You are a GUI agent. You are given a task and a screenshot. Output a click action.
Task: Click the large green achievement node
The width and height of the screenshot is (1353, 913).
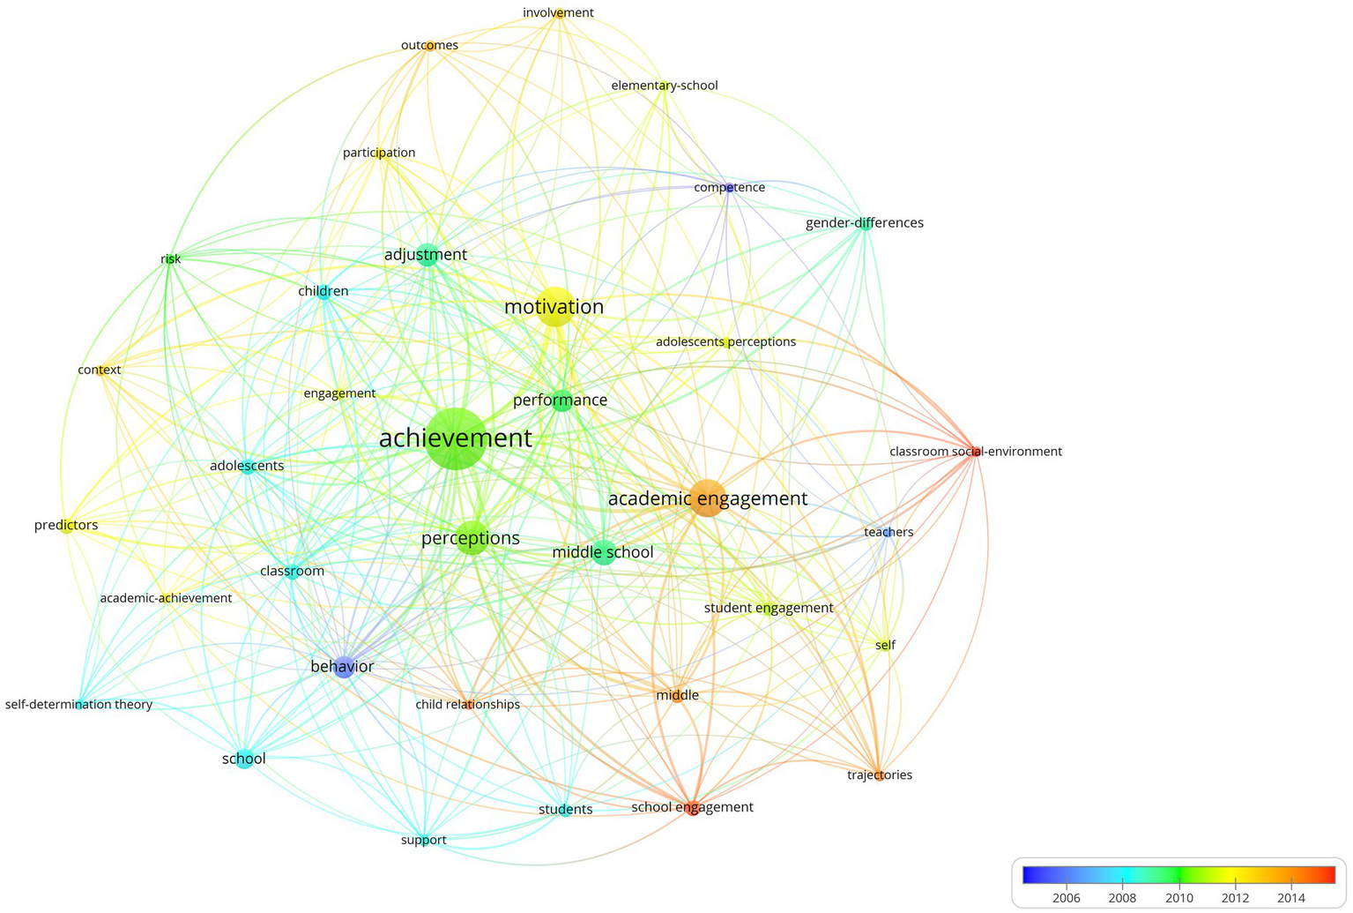tap(455, 438)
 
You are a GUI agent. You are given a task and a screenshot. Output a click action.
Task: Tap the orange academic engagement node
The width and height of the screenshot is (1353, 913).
tap(707, 498)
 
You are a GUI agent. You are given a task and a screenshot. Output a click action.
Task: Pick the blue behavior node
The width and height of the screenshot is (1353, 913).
tap(344, 667)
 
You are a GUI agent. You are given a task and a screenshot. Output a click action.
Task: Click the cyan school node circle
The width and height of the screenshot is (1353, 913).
tap(245, 759)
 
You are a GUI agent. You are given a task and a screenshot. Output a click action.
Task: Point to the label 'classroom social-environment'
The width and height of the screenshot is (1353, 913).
tap(975, 452)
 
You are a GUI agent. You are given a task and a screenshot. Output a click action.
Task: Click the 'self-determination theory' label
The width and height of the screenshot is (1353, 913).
tap(78, 705)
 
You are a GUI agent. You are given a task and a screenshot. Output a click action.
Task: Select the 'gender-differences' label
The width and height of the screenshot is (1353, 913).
tap(864, 223)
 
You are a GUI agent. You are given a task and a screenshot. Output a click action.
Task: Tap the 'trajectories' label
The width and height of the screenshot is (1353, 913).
tap(879, 775)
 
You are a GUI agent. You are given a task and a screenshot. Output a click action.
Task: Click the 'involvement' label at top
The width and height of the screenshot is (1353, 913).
tap(558, 12)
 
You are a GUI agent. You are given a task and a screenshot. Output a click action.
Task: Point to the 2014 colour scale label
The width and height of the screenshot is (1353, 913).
tap(1290, 898)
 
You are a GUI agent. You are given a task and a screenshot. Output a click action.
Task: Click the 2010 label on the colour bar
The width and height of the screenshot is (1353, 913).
tap(1178, 898)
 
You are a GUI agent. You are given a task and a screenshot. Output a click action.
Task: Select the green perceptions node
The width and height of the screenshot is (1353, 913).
tap(472, 539)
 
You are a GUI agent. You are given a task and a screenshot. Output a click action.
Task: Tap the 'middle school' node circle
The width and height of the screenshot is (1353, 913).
tap(603, 553)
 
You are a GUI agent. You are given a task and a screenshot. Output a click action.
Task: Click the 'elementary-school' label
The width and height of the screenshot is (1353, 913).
tap(664, 86)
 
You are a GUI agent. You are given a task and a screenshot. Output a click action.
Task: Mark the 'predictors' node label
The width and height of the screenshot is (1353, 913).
tap(66, 526)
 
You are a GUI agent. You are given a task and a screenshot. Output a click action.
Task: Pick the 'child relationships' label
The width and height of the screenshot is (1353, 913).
tap(467, 705)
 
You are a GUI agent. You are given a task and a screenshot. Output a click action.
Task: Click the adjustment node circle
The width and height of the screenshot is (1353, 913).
tap(427, 255)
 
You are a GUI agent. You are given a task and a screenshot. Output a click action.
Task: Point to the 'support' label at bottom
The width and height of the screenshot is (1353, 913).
tap(423, 840)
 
